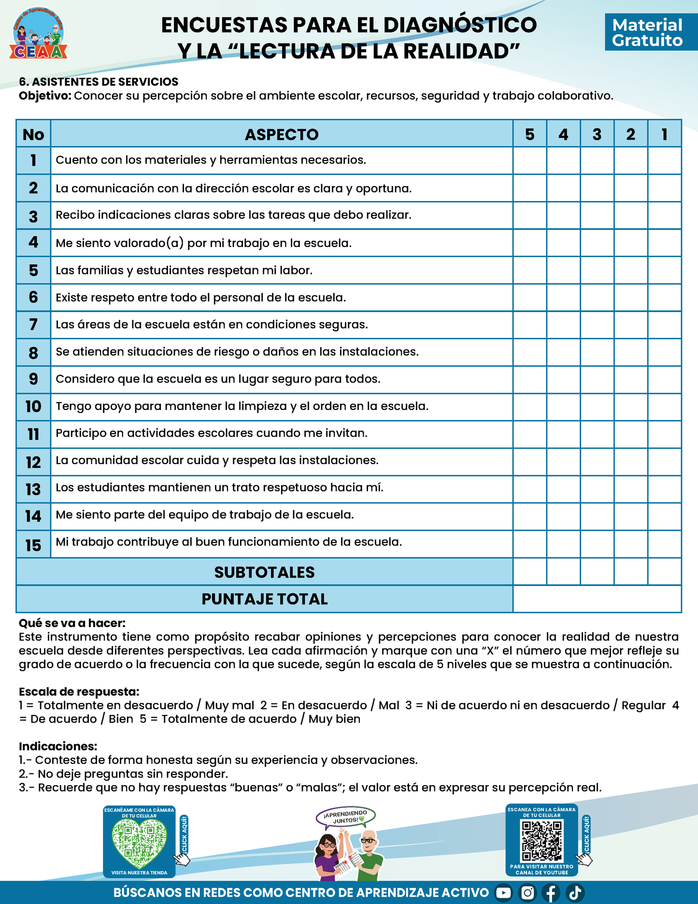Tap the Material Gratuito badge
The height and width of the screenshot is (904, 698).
coord(647,32)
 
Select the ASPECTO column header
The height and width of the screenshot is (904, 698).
coord(282,134)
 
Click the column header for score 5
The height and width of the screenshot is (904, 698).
coord(529,134)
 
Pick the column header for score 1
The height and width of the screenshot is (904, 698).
coord(664,134)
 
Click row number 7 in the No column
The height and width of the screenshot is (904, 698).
coord(33,324)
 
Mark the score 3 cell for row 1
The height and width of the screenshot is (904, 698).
coord(597,160)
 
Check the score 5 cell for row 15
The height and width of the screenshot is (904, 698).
coord(529,544)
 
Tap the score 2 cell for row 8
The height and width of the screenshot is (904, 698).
coord(630,352)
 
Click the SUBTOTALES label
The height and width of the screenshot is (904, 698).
coord(264,572)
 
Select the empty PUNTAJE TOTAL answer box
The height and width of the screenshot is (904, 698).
coord(597,599)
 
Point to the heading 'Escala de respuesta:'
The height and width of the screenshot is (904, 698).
coord(79,692)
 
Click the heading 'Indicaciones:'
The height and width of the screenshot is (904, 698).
coord(58,746)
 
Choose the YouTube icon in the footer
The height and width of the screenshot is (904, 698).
coord(503,893)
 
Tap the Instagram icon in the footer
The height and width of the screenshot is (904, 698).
coord(527,893)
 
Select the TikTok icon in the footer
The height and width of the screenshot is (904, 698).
coord(575,893)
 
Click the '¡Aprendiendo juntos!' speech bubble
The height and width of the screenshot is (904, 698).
coord(346,817)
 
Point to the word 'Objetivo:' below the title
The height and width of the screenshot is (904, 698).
coord(45,96)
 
